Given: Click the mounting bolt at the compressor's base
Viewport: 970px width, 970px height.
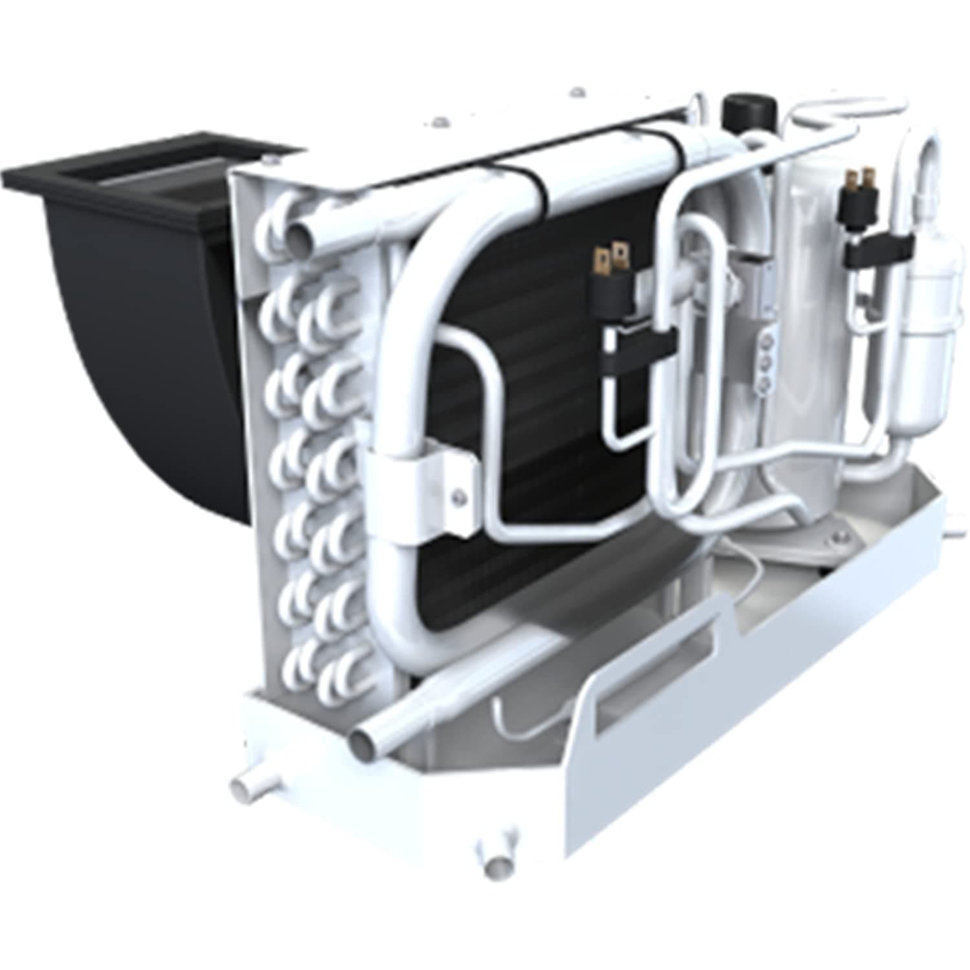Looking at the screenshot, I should click(x=839, y=533).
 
